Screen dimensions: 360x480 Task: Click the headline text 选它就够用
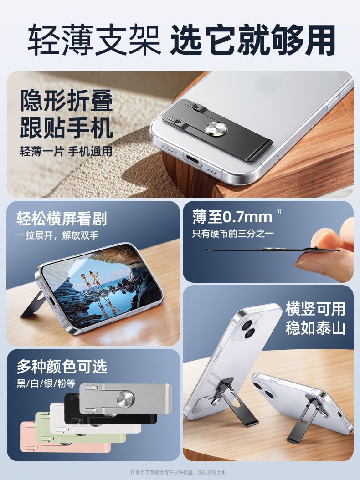tap(253, 40)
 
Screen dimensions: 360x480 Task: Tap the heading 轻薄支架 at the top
tap(94, 40)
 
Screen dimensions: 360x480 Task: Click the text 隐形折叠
tap(67, 101)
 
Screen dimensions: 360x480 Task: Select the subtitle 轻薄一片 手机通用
tap(66, 151)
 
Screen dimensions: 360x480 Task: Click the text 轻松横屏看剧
tap(62, 219)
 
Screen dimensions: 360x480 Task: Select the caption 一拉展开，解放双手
tap(57, 235)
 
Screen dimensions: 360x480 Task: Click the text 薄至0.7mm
tap(232, 217)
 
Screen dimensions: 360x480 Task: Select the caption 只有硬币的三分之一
tap(233, 234)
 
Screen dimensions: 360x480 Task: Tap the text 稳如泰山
tap(315, 328)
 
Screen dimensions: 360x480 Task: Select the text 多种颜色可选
tap(62, 366)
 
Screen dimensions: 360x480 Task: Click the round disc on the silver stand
tap(125, 398)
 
